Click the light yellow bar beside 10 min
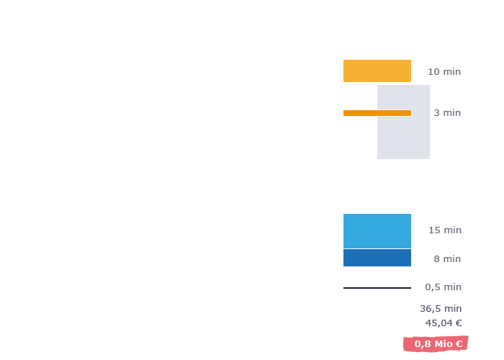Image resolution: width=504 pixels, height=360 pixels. coord(377,71)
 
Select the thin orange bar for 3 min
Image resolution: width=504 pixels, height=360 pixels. coord(377,113)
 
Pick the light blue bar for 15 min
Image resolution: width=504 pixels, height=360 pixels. coord(377,231)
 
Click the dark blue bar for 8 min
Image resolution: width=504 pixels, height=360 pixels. coord(377,258)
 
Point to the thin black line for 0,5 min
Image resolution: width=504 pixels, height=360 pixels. coord(377,288)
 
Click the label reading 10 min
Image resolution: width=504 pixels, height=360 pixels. coord(444,71)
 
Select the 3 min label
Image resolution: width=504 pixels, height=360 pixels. coord(447,112)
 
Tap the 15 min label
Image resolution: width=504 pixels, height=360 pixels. coord(445,230)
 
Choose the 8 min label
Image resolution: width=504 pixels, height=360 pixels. coord(447,258)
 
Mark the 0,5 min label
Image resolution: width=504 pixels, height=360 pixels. coord(443,287)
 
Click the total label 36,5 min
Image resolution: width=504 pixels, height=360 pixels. coord(441,309)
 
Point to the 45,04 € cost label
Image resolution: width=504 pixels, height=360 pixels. coord(444,323)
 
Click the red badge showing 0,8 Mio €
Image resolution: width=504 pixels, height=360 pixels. coord(436,343)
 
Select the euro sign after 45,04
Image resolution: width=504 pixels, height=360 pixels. coord(459,323)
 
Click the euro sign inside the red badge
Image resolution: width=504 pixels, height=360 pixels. coord(459,344)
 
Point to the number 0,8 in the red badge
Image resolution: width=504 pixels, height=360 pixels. coord(423,344)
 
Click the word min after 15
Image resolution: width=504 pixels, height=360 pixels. coord(453,230)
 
